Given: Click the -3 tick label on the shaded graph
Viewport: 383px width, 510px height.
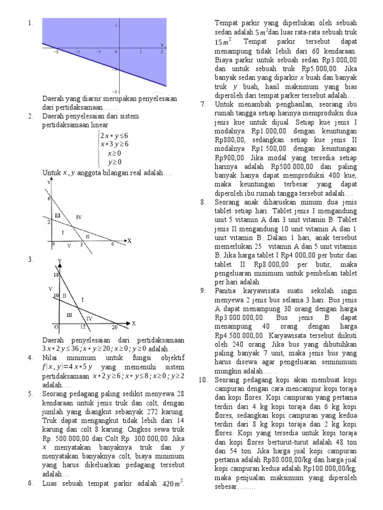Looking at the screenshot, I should (56, 51).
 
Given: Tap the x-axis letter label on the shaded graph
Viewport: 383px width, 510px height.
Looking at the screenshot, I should (162, 45).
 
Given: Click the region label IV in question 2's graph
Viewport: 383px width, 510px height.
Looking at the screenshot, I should (79, 217).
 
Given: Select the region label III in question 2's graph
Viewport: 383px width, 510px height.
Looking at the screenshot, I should (57, 215).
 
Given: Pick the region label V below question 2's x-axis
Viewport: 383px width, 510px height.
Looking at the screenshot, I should (69, 245).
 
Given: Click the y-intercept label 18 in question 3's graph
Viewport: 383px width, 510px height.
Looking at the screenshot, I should (56, 275).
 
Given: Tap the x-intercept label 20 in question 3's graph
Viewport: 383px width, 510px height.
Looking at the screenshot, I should (114, 327).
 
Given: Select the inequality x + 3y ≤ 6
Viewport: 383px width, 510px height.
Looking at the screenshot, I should (114, 144).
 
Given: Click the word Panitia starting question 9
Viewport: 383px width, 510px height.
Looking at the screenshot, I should (228, 290).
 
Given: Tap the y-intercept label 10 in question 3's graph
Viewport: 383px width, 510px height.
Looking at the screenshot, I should (56, 296).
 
